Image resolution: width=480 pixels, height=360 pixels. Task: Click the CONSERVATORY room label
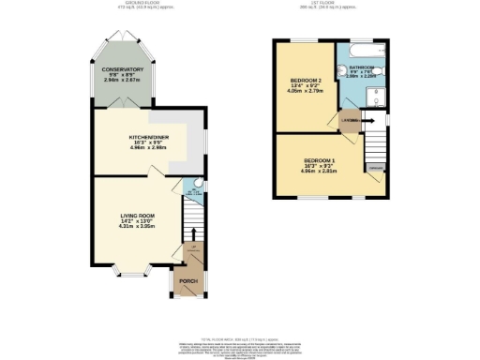tap(123, 69)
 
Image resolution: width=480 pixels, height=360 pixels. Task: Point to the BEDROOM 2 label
tap(305, 82)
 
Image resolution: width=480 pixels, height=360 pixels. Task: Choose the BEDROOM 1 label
tap(320, 161)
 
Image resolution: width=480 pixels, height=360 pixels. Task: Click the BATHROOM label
tap(363, 68)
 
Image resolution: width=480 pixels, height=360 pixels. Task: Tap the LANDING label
tap(351, 121)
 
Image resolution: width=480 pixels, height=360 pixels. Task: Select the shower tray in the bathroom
tap(375, 94)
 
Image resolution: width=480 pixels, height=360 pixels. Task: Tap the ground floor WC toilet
tap(189, 184)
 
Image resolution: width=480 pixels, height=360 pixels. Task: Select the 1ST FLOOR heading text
tap(329, 4)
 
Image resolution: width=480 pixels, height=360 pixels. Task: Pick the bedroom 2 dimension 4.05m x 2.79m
tap(305, 94)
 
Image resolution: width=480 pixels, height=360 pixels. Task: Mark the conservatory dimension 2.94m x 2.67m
tap(123, 82)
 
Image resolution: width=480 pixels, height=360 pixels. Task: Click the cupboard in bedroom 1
tap(375, 167)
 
